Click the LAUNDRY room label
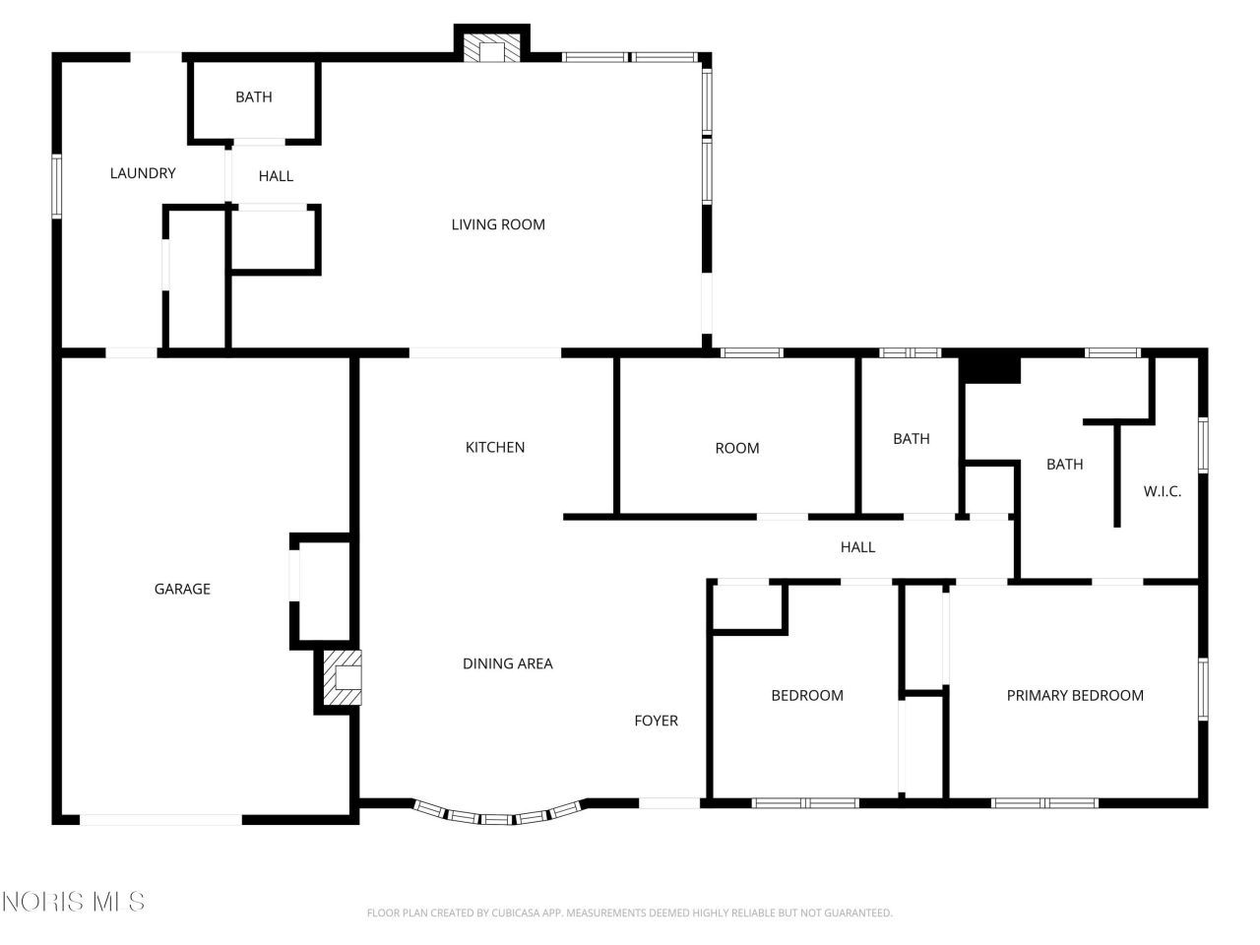click(143, 173)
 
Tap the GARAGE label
click(182, 589)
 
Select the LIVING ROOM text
click(498, 224)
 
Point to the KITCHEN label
click(495, 447)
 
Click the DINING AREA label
click(508, 663)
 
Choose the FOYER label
click(656, 721)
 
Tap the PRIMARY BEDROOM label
click(1075, 695)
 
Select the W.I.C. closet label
click(1162, 491)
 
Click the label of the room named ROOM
click(737, 448)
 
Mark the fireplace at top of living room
click(491, 50)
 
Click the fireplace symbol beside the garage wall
click(342, 678)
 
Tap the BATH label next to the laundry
click(254, 96)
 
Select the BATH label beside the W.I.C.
click(1064, 464)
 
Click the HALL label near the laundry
click(276, 176)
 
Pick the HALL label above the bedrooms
click(857, 546)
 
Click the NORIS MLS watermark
click(74, 901)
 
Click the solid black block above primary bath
click(990, 369)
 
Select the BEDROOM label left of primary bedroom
click(807, 695)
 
